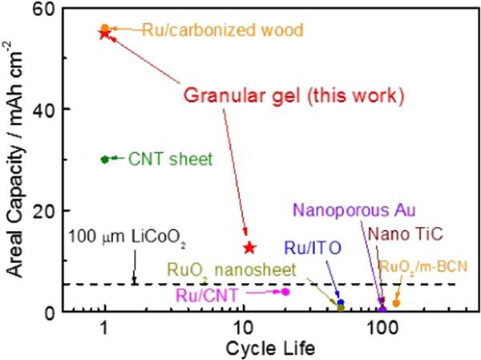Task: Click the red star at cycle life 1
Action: tap(104, 34)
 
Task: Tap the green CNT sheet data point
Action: tap(104, 159)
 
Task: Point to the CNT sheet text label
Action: tap(170, 159)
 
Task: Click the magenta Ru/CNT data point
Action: tap(285, 292)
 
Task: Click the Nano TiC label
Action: tap(401, 235)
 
